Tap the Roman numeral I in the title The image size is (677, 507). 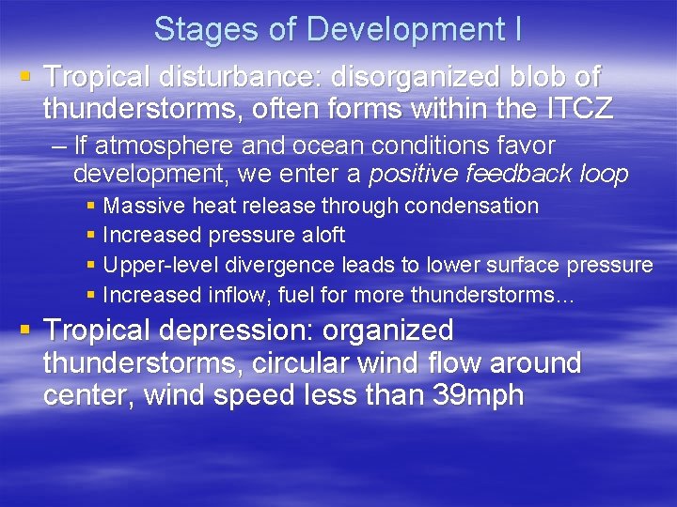coord(517,30)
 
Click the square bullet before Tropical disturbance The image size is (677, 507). coord(25,76)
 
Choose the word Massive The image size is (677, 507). coord(140,206)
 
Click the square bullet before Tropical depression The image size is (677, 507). coord(25,330)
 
